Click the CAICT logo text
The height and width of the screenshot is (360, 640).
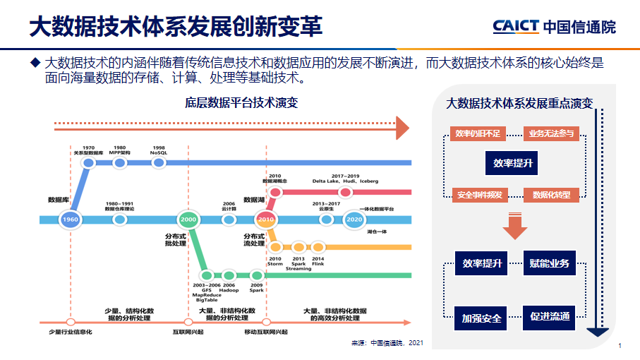pyautogui.click(x=515, y=27)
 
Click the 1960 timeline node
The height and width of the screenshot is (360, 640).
pyautogui.click(x=70, y=220)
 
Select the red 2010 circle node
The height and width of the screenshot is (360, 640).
pyautogui.click(x=265, y=220)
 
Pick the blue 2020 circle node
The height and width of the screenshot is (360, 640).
pyautogui.click(x=354, y=220)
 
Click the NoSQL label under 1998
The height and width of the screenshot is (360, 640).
pyautogui.click(x=159, y=152)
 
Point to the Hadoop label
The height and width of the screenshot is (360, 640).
pyautogui.click(x=229, y=290)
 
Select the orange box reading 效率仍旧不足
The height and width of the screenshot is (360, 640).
pyautogui.click(x=478, y=133)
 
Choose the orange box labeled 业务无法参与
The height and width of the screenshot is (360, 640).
pyautogui.click(x=551, y=133)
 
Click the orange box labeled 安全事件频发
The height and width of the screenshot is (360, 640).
pyautogui.click(x=479, y=195)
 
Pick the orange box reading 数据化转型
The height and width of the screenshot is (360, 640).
pyautogui.click(x=551, y=195)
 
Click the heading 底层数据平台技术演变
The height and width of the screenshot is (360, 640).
pyautogui.click(x=241, y=102)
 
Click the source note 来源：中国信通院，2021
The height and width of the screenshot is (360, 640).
pyautogui.click(x=387, y=343)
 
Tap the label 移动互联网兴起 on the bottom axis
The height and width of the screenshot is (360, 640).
pyautogui.click(x=266, y=332)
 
